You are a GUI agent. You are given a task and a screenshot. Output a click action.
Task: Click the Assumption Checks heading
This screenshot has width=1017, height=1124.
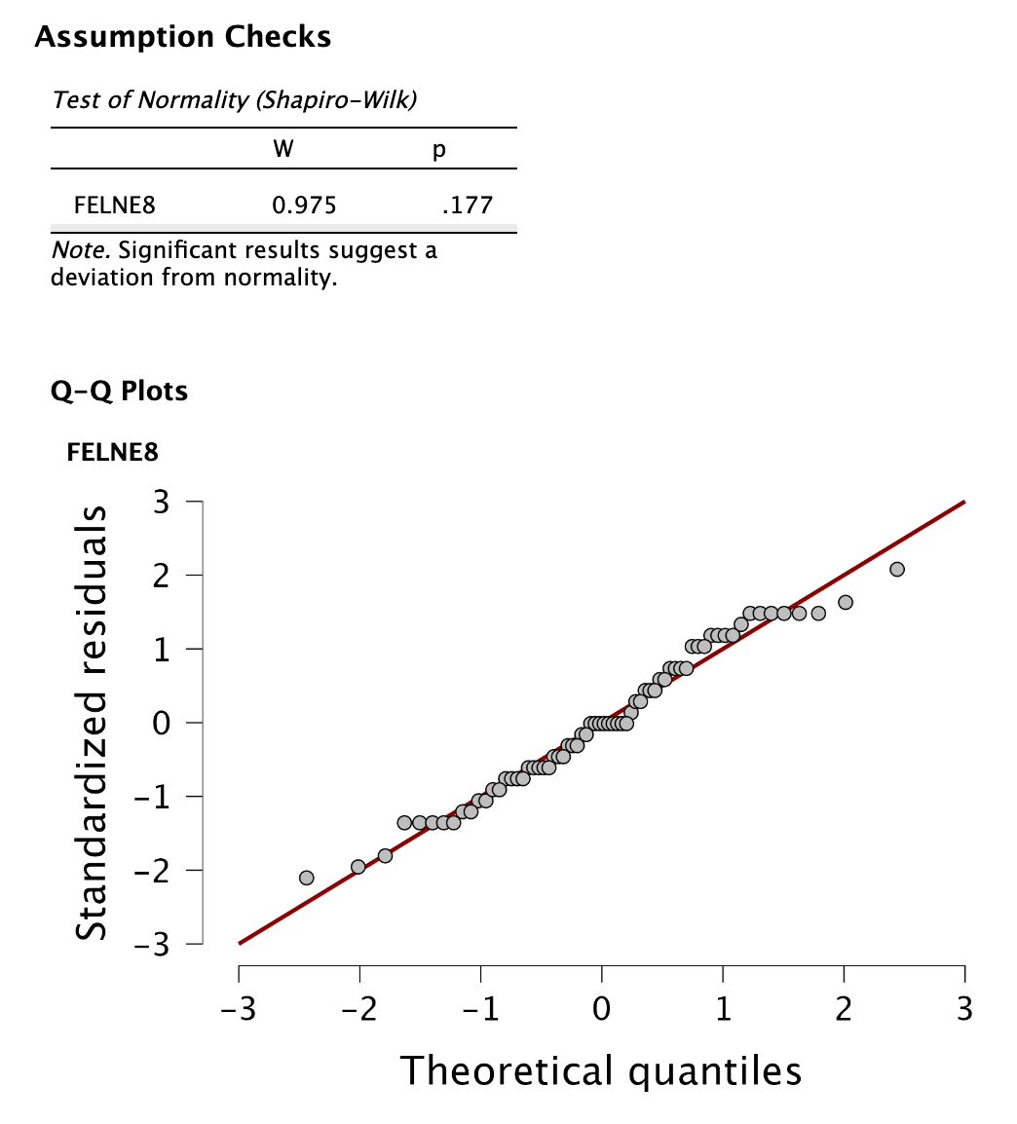[182, 37]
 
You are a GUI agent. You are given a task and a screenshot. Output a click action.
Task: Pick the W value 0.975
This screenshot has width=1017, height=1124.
[304, 206]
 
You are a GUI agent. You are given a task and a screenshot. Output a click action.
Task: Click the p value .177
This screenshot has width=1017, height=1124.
[467, 206]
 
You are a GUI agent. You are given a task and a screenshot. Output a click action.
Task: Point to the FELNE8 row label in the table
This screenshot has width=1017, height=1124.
[115, 206]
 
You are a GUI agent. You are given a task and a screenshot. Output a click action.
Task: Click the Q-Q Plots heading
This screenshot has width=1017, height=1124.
[120, 392]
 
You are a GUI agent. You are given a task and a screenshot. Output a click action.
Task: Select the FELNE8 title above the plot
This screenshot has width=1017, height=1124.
[112, 452]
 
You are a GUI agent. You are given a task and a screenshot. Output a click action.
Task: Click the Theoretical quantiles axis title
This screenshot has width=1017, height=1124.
[601, 1069]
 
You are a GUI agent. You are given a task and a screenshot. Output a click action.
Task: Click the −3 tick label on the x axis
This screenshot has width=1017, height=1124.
[238, 1008]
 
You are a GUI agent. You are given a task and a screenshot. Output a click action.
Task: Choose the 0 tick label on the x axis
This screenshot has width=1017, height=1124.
[602, 1008]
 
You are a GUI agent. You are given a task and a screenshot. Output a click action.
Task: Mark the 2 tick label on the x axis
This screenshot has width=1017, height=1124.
[844, 1008]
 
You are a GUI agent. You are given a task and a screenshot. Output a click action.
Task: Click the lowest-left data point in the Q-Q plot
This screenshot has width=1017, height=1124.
[307, 878]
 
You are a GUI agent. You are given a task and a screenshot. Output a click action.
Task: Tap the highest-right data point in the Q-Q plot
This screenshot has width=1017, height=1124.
[897, 569]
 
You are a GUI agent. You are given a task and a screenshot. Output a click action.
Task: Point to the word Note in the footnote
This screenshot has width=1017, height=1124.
[74, 251]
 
